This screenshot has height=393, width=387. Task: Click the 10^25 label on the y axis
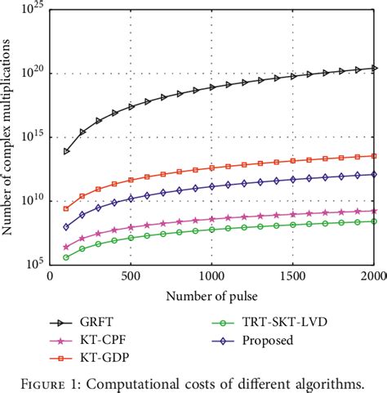(x=33, y=10)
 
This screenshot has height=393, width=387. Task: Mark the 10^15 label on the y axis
(x=33, y=137)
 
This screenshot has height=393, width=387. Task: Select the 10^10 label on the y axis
(x=33, y=201)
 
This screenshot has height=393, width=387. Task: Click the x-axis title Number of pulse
(x=211, y=294)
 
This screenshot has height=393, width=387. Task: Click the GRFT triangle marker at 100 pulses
(x=66, y=151)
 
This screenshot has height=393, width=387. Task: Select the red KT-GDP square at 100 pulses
(x=66, y=208)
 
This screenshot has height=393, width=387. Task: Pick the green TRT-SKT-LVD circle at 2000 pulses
(x=374, y=221)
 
